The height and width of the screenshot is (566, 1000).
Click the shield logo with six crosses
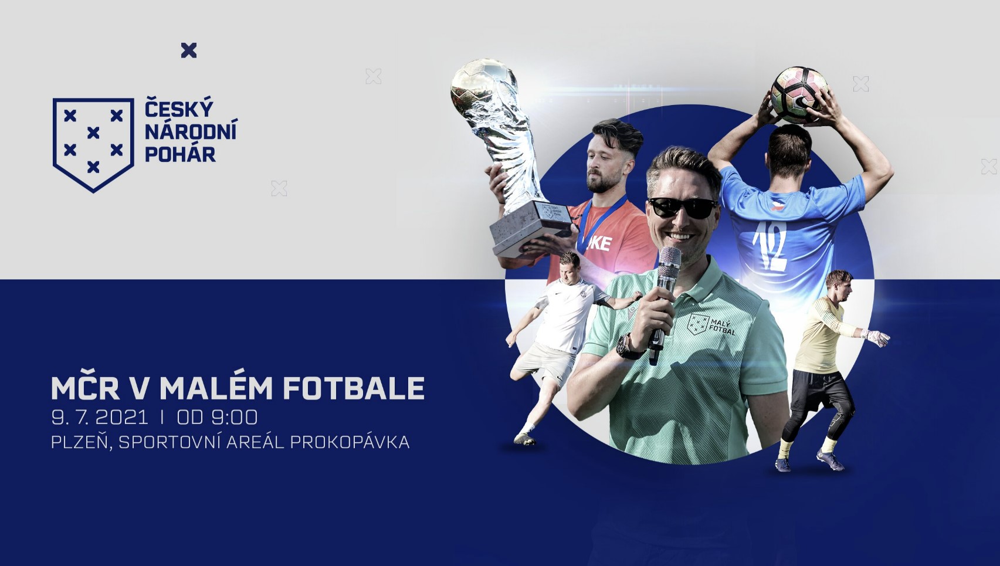point(93,145)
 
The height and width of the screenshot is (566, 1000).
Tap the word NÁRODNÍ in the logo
point(191,131)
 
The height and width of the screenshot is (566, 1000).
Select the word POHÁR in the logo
point(181,154)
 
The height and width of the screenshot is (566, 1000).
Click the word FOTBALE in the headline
point(354,388)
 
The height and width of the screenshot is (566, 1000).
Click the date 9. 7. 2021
point(100,418)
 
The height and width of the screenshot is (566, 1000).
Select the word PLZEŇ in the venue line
point(82,441)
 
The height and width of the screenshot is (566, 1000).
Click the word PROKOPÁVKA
point(350,442)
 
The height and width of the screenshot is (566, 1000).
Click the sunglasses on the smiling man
point(682,208)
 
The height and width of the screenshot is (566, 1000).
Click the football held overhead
point(799,95)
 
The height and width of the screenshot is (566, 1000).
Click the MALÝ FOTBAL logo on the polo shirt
point(711,324)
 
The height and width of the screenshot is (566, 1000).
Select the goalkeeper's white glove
point(875,337)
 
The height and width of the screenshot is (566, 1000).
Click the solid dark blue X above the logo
point(189,50)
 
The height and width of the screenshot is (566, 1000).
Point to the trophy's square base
point(531,228)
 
